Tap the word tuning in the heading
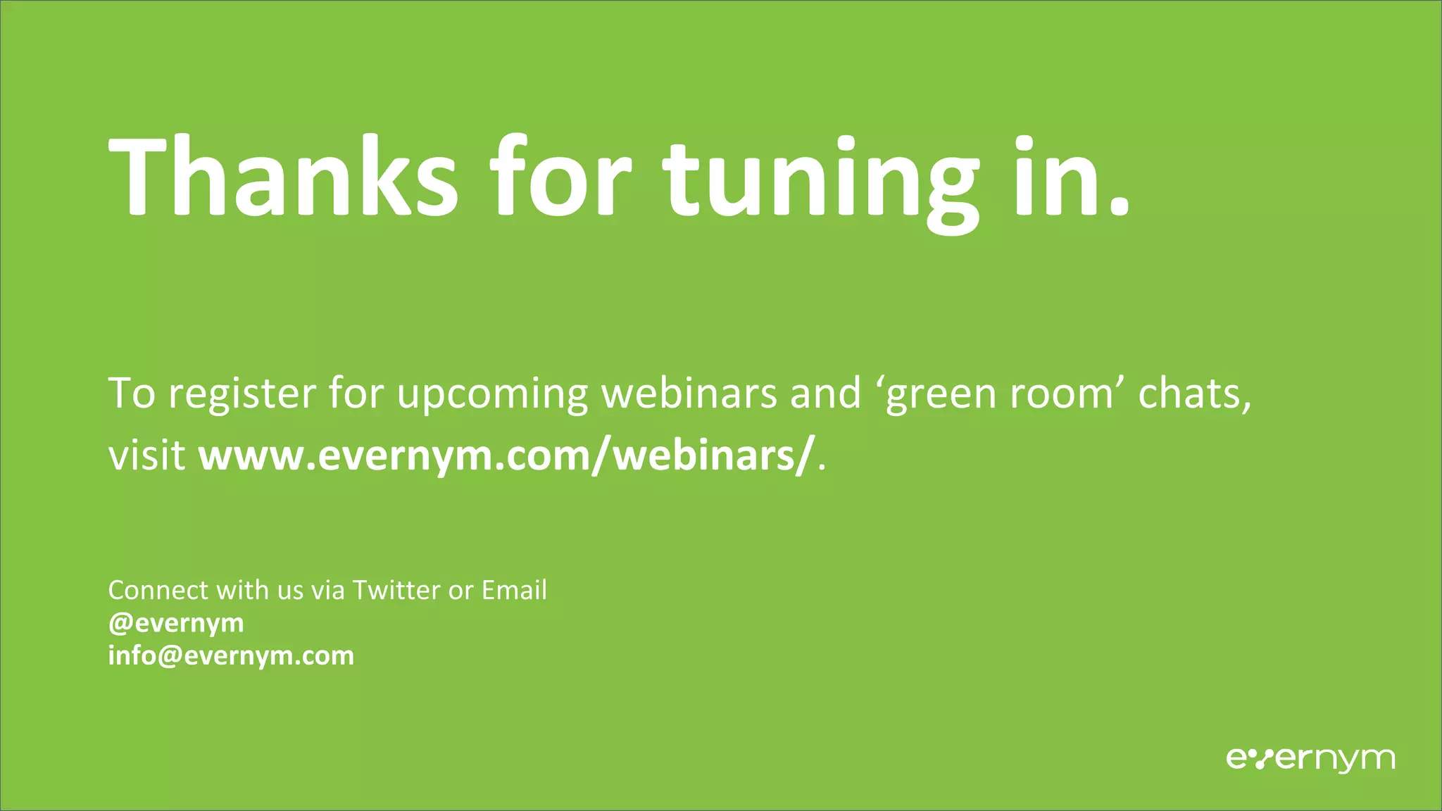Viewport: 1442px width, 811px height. click(x=820, y=180)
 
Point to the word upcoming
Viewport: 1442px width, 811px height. click(x=492, y=394)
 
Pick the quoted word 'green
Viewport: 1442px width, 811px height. click(x=937, y=394)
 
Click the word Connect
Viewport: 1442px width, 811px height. click(x=158, y=590)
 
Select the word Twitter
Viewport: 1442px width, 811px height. click(x=396, y=590)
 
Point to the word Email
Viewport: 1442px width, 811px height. click(x=514, y=590)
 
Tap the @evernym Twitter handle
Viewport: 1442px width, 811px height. click(x=176, y=624)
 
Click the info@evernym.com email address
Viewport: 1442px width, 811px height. click(x=231, y=656)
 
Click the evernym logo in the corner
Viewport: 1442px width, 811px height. click(x=1310, y=758)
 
